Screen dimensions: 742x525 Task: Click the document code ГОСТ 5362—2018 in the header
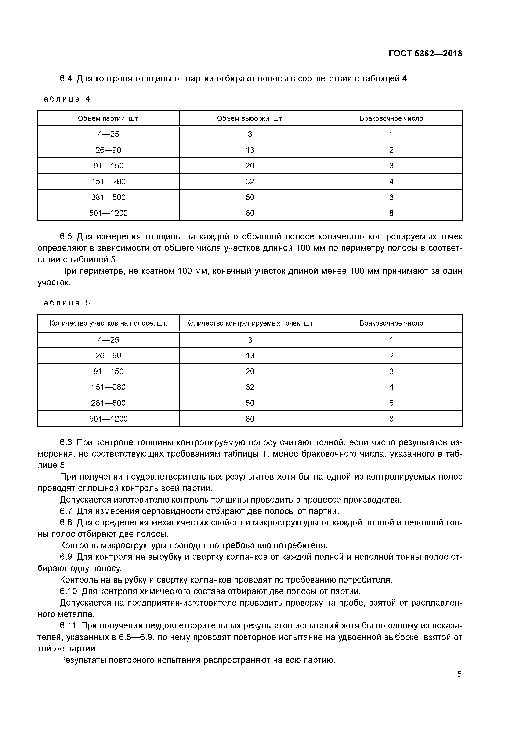pyautogui.click(x=425, y=54)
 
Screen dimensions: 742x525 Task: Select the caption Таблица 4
pyautogui.click(x=64, y=99)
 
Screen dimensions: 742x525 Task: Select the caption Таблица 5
pyautogui.click(x=64, y=303)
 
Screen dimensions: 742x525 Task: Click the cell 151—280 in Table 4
pyautogui.click(x=108, y=181)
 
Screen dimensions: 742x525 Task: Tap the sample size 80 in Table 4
pyautogui.click(x=250, y=213)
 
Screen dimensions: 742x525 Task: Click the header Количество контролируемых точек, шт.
pyautogui.click(x=250, y=323)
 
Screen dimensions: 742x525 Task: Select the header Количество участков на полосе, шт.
pyautogui.click(x=108, y=323)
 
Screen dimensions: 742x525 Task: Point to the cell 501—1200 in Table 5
pyautogui.click(x=108, y=419)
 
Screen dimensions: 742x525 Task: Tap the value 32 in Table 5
pyautogui.click(x=250, y=387)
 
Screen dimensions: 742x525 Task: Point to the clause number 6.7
pyautogui.click(x=66, y=511)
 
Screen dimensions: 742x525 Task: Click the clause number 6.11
pyautogui.click(x=68, y=626)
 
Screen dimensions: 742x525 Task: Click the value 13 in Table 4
pyautogui.click(x=250, y=150)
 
